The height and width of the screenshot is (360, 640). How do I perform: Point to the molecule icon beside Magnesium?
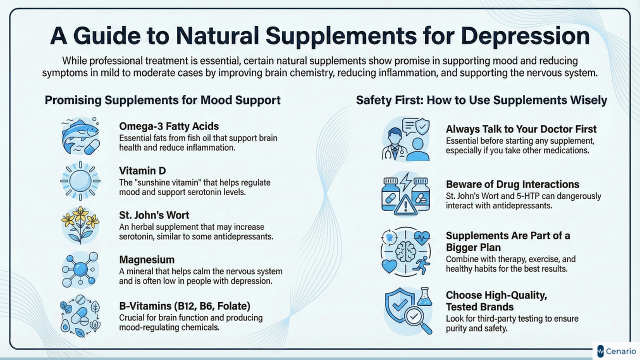tap(80, 269)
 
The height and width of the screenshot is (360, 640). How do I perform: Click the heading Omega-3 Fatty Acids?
tap(169, 126)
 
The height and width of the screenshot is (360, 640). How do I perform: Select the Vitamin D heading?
tap(142, 171)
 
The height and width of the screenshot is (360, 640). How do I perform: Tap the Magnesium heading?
tap(146, 260)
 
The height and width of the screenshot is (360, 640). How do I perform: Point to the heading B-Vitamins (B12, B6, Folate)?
tap(184, 305)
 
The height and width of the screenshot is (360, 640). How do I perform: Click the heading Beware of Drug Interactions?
tap(512, 184)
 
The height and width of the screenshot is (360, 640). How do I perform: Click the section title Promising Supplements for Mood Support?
tap(162, 100)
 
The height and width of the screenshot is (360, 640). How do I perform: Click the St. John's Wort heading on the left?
tap(154, 215)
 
